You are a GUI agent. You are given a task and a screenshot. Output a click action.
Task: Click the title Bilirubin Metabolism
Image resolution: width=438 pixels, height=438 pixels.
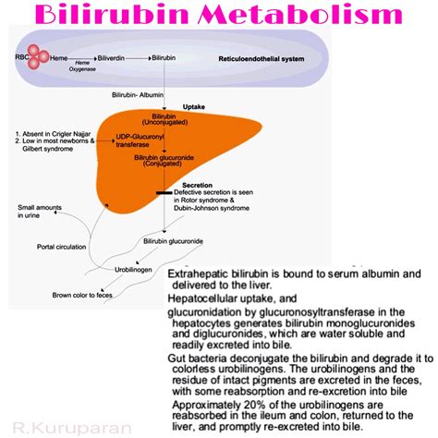[218, 16]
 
